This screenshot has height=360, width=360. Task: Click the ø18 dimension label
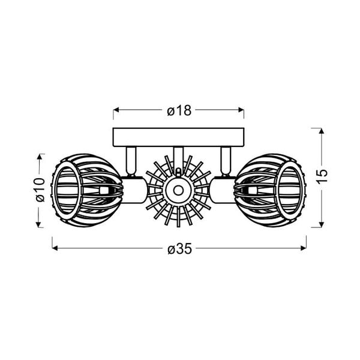pos(179,110)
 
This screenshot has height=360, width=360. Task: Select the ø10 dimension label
pos(40,190)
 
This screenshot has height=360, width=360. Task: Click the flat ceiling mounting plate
pos(179,137)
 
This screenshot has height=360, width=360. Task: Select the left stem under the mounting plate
pos(130,160)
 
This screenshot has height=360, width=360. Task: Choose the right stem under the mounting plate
pos(227,160)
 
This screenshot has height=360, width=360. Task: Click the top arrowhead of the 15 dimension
pos(322,131)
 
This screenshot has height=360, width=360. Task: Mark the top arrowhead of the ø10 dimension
pos(40,156)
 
